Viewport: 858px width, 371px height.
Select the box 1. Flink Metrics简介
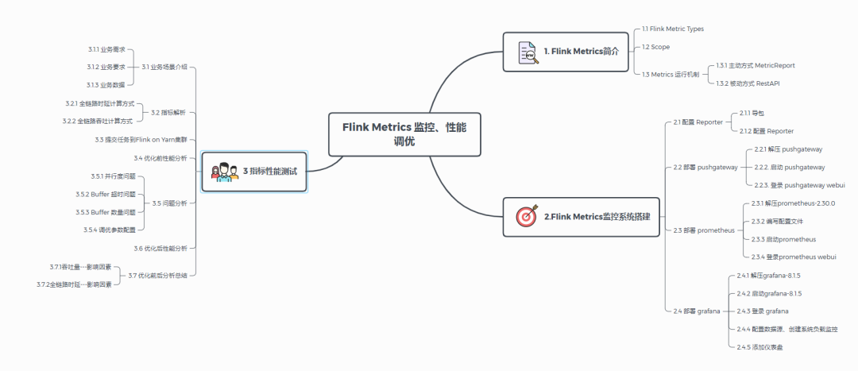click(566, 52)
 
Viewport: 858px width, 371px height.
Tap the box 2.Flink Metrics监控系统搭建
click(582, 216)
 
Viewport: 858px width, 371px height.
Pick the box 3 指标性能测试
click(255, 171)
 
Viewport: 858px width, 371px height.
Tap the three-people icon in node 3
click(224, 172)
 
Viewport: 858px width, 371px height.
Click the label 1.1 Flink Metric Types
click(672, 29)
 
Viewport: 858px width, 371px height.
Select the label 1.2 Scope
click(655, 47)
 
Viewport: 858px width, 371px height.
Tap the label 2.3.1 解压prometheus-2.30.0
click(793, 203)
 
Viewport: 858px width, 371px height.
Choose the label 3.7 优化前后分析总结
click(163, 275)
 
